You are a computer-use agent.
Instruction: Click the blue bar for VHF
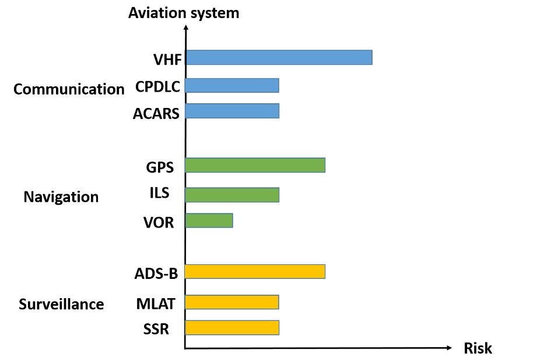[279, 57]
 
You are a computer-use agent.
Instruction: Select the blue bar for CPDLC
[232, 85]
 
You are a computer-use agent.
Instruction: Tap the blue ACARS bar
[232, 111]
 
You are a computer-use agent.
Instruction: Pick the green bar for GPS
[255, 165]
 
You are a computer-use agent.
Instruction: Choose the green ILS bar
[232, 195]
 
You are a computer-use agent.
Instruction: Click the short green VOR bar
[209, 221]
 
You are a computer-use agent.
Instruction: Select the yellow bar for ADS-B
[255, 272]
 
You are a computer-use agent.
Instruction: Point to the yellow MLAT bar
[232, 302]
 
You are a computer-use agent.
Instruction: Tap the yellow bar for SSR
[232, 327]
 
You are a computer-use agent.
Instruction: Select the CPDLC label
[157, 86]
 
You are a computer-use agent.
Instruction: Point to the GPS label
[160, 167]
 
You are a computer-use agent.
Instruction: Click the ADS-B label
[156, 273]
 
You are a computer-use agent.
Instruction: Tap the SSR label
[156, 330]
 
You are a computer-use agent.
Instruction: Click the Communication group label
[69, 89]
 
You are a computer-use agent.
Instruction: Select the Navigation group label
[61, 197]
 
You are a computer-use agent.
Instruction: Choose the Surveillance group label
[61, 304]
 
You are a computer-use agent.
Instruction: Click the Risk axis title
[478, 349]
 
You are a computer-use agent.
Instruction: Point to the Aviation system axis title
[184, 13]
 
